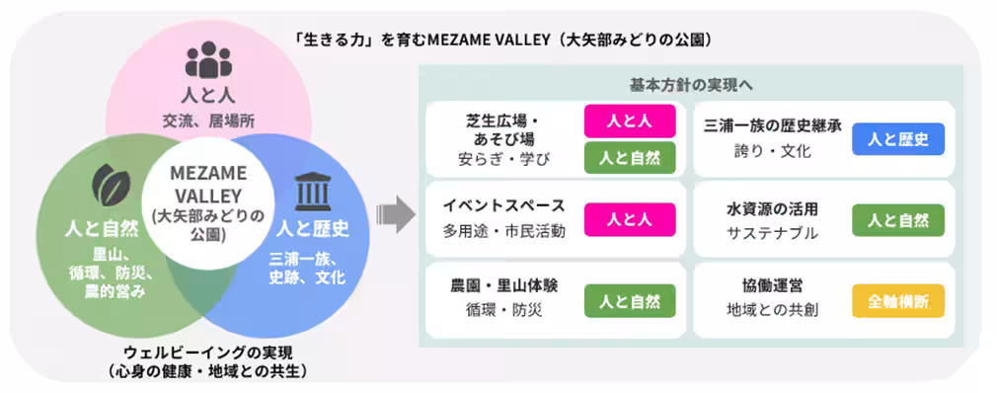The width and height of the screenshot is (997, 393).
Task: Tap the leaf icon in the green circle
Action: (111, 184)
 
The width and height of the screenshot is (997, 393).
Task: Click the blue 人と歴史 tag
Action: (897, 139)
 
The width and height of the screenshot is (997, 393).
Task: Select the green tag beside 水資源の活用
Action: (897, 219)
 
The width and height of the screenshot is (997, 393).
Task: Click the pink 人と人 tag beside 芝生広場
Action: (629, 120)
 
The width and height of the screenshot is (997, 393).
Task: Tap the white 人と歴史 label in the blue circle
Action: (312, 230)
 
